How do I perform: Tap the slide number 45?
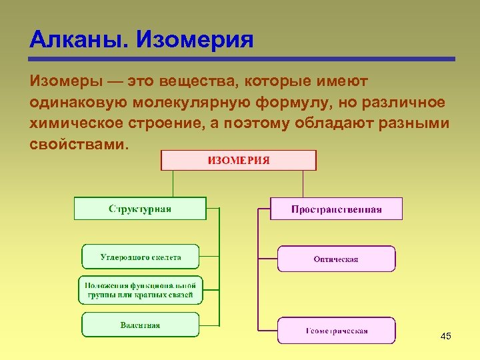(x=446, y=336)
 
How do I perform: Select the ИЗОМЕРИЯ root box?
(x=239, y=160)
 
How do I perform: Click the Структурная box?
(x=140, y=209)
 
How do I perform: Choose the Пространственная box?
(x=336, y=209)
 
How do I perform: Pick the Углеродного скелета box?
(x=141, y=257)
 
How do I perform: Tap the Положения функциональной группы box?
(x=140, y=290)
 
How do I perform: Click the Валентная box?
(x=140, y=325)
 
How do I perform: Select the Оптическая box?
(x=336, y=259)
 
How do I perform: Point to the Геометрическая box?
(x=336, y=331)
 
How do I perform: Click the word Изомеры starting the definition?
(x=64, y=81)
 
